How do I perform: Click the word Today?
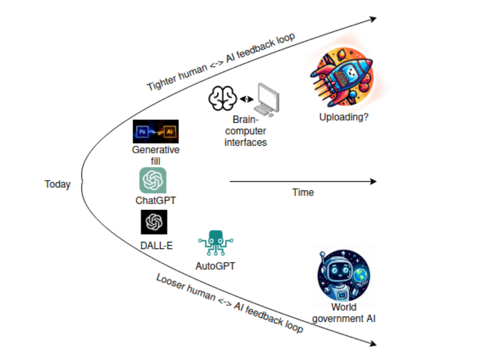(x=57, y=184)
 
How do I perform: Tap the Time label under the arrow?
(x=303, y=192)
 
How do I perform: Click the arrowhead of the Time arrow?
(x=373, y=181)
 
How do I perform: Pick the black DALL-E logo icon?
(x=154, y=222)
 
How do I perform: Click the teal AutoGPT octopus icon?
(x=215, y=244)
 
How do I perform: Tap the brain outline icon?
(x=223, y=99)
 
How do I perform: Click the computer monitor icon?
(x=269, y=99)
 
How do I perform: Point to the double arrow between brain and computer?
(x=247, y=99)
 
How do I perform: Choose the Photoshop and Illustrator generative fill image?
(x=156, y=132)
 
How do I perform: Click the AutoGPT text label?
(x=215, y=267)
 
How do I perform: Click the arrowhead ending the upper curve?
(x=373, y=19)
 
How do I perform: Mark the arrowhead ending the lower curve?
(x=373, y=344)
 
